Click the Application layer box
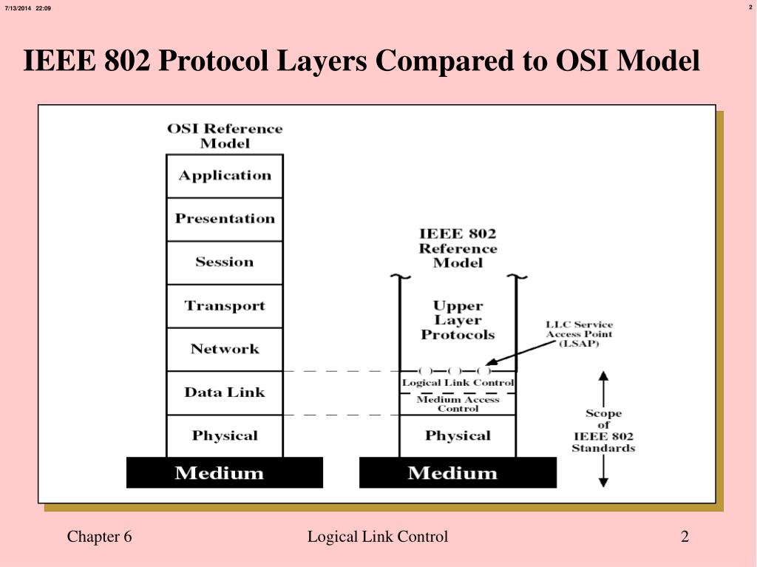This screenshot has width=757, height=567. coord(225,176)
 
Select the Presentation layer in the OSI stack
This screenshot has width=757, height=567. coord(225,219)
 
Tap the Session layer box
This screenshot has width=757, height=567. coord(225,262)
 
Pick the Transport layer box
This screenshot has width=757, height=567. coord(225,306)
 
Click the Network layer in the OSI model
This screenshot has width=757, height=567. coord(225,349)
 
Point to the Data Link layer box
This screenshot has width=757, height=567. coord(225,393)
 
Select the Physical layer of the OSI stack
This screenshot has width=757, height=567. coord(225,436)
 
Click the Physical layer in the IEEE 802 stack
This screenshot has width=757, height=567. coord(458,436)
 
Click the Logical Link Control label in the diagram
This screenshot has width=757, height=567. coord(458,383)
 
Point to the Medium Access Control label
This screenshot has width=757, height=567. coord(458,404)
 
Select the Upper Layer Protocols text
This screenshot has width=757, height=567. coord(458,320)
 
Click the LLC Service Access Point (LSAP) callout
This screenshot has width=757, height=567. coord(579,334)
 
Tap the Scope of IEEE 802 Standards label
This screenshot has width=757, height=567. coord(603,431)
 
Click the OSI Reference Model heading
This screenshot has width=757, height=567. coord(225,136)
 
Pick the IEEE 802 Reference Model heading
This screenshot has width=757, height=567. coord(458,248)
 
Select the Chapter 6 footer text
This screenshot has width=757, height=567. coord(99,537)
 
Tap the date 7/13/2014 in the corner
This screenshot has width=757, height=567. coord(17,8)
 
